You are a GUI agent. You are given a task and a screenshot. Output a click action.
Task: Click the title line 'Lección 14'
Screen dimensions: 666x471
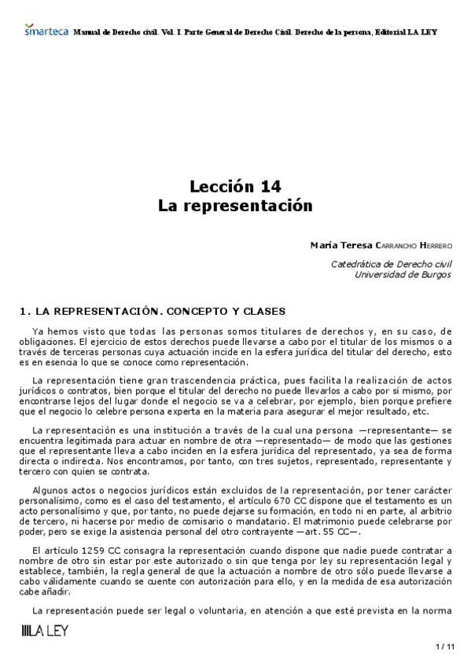pyautogui.click(x=235, y=187)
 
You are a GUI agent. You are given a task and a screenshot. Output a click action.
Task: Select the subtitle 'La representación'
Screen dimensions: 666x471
pyautogui.click(x=235, y=206)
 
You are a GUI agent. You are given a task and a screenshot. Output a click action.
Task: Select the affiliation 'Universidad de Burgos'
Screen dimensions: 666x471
pyautogui.click(x=403, y=275)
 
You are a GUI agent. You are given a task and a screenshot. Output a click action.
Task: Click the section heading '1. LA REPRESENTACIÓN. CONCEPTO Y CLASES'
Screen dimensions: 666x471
pyautogui.click(x=151, y=311)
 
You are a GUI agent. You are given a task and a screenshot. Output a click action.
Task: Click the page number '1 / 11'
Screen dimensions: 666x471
pyautogui.click(x=444, y=646)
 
